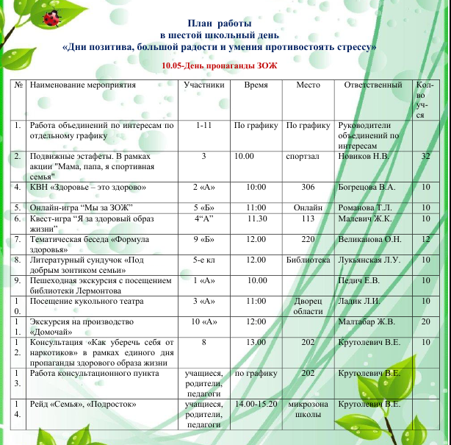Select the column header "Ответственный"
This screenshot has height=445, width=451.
(x=373, y=85)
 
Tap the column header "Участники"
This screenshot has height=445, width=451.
(x=203, y=85)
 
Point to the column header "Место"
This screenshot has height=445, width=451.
(x=308, y=85)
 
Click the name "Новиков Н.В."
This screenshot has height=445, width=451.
(x=363, y=157)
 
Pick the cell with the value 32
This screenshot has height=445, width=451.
(x=426, y=157)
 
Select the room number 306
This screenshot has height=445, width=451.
(x=308, y=188)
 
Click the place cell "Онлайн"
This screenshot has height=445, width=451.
(x=308, y=208)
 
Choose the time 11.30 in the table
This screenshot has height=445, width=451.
(x=256, y=218)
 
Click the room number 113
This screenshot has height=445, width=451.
(x=308, y=218)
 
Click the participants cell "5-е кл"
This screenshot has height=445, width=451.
(x=203, y=260)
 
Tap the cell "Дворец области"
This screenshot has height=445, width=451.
(x=308, y=307)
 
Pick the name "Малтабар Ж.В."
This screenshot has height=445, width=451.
(x=369, y=321)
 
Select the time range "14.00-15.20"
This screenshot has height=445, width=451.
(x=256, y=404)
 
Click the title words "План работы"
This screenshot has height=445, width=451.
(x=220, y=24)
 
